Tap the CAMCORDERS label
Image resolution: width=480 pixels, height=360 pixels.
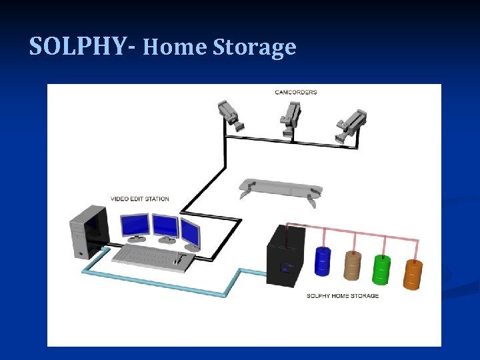pos(296,92)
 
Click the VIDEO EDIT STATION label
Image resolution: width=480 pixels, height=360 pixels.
pos(139,199)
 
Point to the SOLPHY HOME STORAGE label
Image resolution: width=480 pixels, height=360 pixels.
pos(342,296)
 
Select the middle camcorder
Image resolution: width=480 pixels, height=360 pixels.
pos(290,117)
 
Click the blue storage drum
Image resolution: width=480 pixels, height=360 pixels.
pos(323,261)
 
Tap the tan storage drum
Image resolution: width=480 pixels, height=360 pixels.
pos(351,266)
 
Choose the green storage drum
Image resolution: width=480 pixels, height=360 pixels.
pos(382,269)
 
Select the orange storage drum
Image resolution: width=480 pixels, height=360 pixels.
pos(413,273)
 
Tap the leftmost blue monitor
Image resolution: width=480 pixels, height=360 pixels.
pos(135,225)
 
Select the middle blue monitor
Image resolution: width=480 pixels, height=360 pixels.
pos(165,226)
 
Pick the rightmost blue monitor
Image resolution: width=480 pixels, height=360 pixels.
pos(190,232)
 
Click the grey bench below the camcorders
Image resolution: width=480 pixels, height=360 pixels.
pos(280,187)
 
